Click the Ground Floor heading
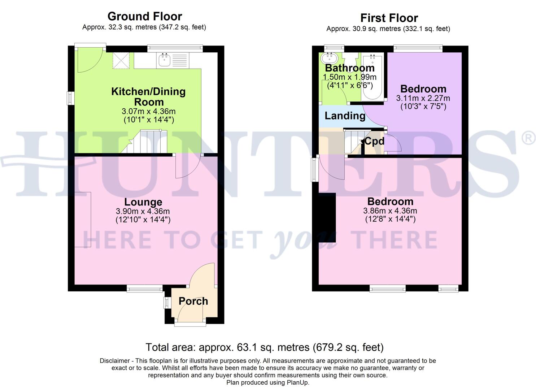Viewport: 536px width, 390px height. coord(144,16)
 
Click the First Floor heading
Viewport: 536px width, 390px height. coord(389,18)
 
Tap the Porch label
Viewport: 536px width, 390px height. coord(193,301)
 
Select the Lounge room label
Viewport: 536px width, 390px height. coord(143,202)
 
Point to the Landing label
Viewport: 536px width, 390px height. coord(345,116)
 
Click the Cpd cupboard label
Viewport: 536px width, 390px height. coord(374,141)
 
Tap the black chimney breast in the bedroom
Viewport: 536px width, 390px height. coord(327,217)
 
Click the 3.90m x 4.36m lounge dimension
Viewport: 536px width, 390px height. coord(143,211)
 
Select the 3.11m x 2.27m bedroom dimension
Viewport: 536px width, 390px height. coord(423,98)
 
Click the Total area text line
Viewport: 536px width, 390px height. coord(264,347)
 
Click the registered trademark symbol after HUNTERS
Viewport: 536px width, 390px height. coord(529,139)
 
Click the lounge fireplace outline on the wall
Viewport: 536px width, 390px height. coord(83,220)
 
